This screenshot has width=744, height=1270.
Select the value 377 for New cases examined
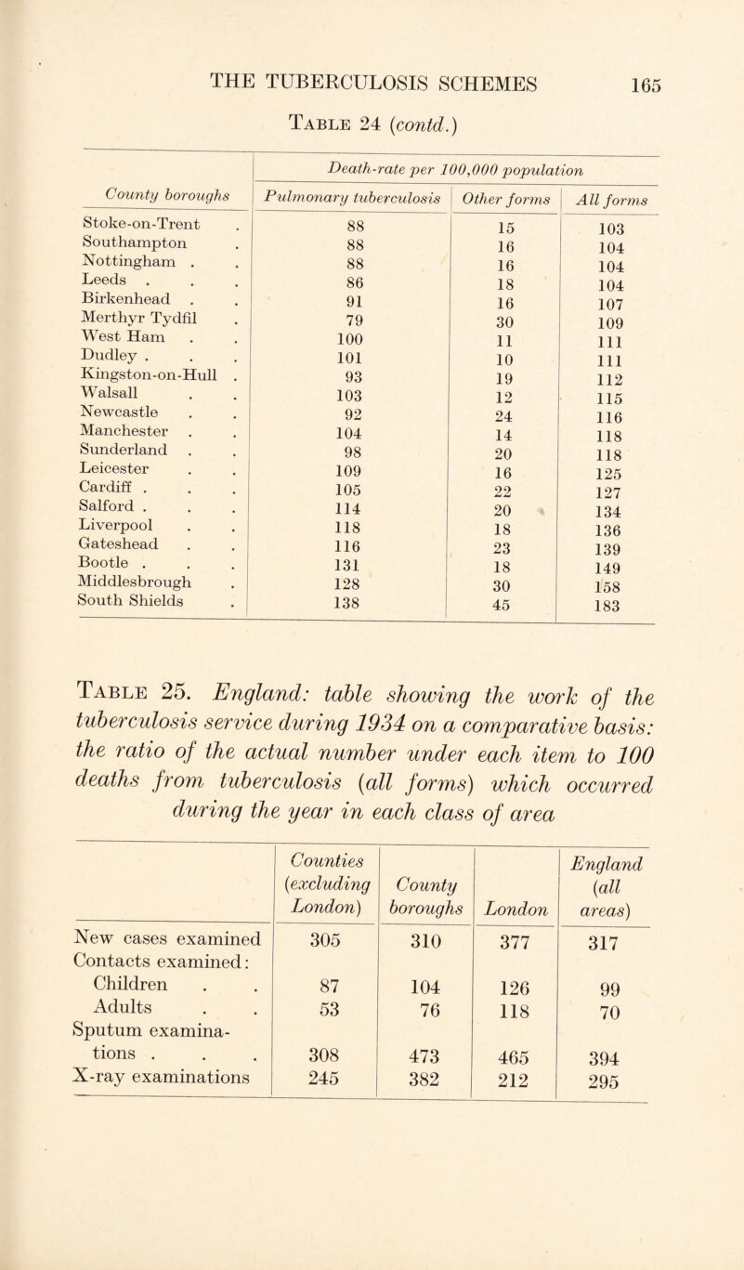514,964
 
